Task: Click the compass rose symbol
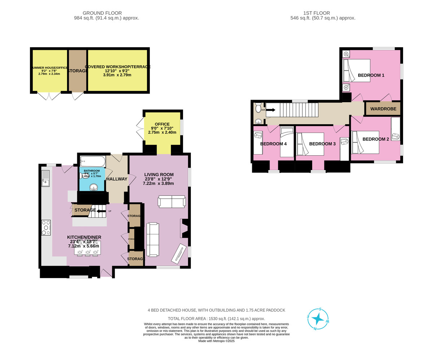coord(318,319)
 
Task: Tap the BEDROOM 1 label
coord(371,75)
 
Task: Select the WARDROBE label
coord(383,109)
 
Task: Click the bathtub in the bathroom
coord(92,161)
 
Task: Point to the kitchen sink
coord(45,178)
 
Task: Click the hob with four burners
coord(46,227)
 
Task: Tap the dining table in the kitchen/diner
coord(88,248)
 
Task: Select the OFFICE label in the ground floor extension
coord(162,124)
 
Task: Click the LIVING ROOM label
coord(159,174)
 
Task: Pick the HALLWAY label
coord(117,179)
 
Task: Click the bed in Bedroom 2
coord(366,142)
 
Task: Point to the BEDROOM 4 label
coord(273,144)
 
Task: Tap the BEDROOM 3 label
coord(322,144)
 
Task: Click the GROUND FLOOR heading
coord(102,13)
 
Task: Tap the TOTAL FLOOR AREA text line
coord(216,318)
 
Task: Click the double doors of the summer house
coord(49,96)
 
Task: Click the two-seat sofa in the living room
coord(171,202)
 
